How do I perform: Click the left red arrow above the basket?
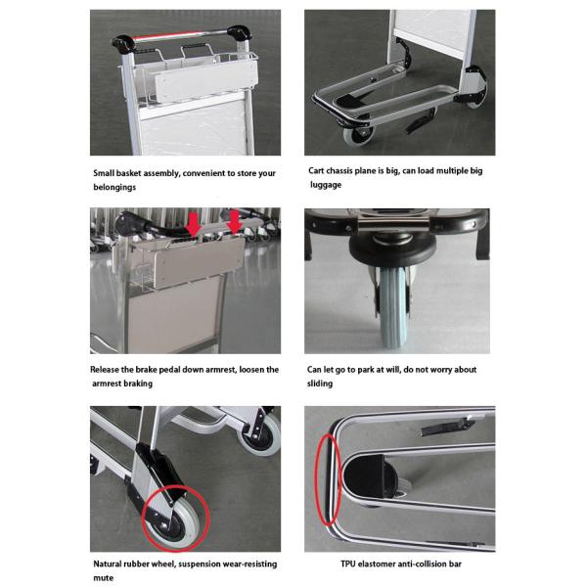coord(194,224)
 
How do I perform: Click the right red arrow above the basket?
coord(235,222)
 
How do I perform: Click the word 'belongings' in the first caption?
coord(114,187)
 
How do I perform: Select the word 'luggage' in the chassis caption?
coord(326,185)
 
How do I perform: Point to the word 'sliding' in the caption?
coord(320,384)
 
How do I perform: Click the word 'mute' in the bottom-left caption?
coord(104,577)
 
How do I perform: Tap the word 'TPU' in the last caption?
coord(347,564)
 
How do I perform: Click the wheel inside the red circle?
coord(175,519)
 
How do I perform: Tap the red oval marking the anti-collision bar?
coord(329,479)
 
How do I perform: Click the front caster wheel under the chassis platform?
coord(359,135)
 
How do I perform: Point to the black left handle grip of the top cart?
coord(123,44)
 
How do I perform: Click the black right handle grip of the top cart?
coord(239,33)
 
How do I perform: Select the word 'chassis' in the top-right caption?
coord(339,171)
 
